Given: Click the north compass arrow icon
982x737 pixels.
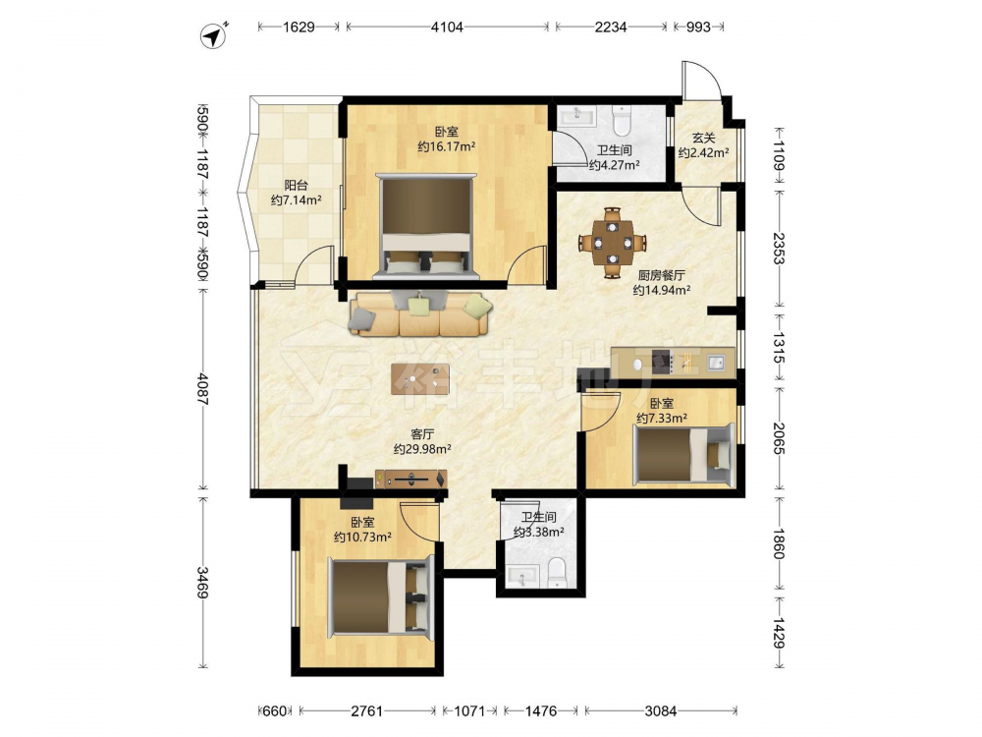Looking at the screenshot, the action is click(213, 35).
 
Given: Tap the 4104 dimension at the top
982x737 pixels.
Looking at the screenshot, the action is click(447, 27).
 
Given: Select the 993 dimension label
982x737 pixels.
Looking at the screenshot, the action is click(698, 27).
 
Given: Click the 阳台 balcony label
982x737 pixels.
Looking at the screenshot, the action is click(296, 185).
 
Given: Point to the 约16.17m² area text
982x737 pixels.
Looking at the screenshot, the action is click(446, 146).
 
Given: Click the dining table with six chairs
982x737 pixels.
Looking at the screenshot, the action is click(613, 243).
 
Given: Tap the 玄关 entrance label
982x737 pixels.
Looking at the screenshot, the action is click(703, 138).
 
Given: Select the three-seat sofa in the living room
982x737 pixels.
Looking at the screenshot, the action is click(420, 314).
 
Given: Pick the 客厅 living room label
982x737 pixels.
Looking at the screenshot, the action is click(422, 434).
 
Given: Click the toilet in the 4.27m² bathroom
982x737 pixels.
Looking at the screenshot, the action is click(622, 121).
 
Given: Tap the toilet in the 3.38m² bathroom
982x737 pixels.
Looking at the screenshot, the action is click(557, 573).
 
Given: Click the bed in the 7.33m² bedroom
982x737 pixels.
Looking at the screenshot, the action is click(683, 454).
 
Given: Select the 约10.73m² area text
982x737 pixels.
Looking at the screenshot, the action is click(362, 538).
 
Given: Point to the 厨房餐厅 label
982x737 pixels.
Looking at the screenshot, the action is click(661, 275).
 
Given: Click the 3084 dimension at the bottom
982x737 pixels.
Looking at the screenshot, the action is click(661, 710).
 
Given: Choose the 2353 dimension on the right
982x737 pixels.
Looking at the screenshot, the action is click(778, 249).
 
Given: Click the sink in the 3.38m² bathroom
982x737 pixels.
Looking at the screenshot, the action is click(522, 575).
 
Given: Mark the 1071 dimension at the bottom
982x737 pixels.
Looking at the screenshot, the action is click(469, 710).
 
